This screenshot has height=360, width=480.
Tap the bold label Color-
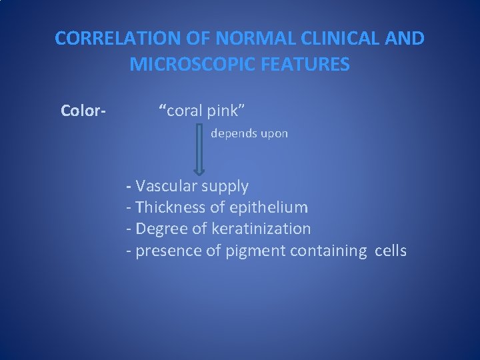coord(83,110)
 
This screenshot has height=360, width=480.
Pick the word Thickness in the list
coord(171,207)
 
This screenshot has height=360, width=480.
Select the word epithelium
coord(269,207)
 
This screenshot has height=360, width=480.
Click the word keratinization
coord(261,229)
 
